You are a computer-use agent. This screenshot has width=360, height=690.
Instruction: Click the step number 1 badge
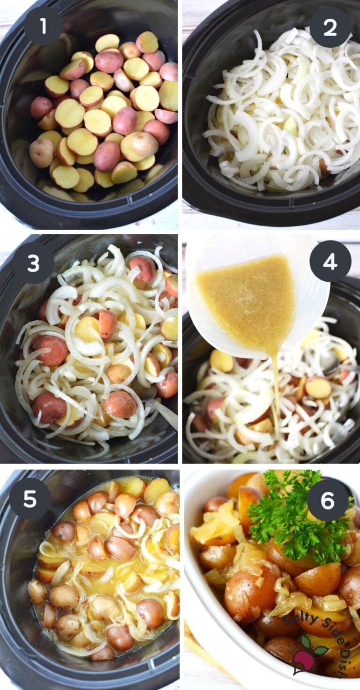pyautogui.click(x=43, y=26)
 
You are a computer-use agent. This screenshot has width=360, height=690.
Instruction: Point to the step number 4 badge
pyautogui.click(x=330, y=262)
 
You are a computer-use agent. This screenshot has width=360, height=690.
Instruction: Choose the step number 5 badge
pyautogui.click(x=30, y=498)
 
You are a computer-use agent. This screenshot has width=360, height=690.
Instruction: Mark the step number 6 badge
pyautogui.click(x=327, y=500)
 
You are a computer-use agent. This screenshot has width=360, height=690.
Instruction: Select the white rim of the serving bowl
pyautogui.click(x=197, y=609)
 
